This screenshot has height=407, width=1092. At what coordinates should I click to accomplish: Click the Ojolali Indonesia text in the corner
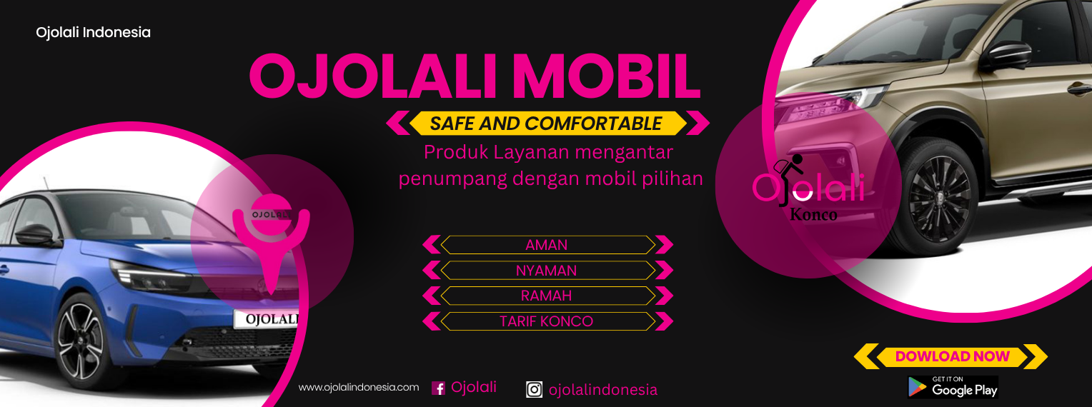pos(93,33)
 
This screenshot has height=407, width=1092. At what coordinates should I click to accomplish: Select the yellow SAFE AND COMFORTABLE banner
pos(547,123)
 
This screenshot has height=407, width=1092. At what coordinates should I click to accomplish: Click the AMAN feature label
pos(547,245)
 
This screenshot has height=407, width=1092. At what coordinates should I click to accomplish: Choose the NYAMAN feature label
pos(547,270)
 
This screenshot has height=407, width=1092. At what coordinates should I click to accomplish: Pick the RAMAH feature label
pos(547,296)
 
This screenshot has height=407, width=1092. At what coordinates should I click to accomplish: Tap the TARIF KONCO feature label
pos(547,321)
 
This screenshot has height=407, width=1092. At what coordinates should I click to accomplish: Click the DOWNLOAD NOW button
pos(952,356)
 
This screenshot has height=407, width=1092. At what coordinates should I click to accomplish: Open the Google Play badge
pos(953,388)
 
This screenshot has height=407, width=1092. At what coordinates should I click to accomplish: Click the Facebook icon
pos(438,388)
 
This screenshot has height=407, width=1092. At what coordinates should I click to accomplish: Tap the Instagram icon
pos(534,389)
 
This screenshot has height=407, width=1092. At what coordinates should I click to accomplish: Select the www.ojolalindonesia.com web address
pos(359,388)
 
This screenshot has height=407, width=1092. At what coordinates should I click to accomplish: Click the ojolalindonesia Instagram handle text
pos(603,390)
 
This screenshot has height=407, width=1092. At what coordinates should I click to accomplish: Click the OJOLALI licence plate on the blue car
pos(267,319)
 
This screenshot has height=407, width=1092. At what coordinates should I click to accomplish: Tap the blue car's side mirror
pos(34,235)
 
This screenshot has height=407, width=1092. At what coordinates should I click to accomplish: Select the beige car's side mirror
pos(1006,55)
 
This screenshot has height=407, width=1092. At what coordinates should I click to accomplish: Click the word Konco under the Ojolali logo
pos(813,215)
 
